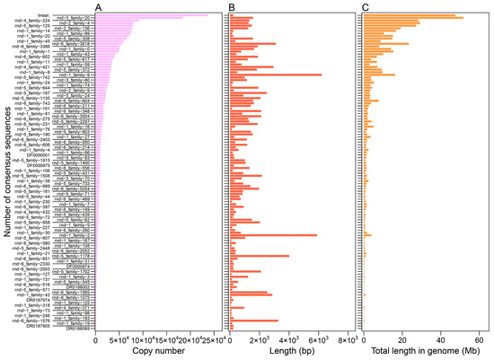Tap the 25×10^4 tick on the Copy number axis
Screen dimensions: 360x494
tap(209, 341)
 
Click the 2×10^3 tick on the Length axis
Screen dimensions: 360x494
tap(260, 341)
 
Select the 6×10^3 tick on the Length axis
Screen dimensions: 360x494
tap(318, 341)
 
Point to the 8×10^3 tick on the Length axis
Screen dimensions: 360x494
tap(347, 341)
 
